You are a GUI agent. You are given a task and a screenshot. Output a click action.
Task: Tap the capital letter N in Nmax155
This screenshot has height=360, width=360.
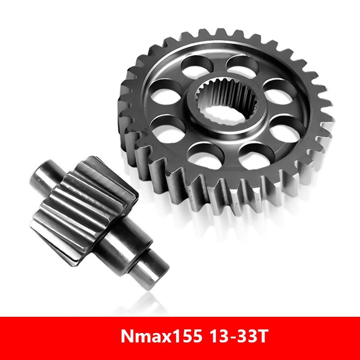tap(127, 337)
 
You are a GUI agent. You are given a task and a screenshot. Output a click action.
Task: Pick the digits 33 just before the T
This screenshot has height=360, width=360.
tap(244, 337)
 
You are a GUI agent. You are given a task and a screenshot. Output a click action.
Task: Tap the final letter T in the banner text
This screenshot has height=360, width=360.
tap(261, 337)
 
